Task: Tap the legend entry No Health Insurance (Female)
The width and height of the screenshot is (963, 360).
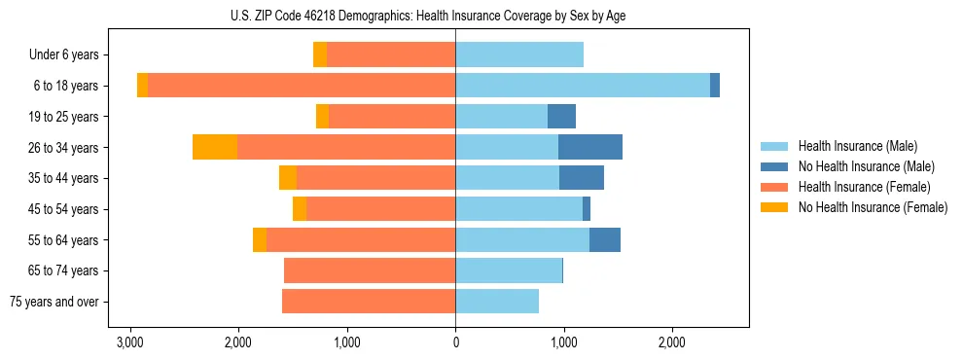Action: point(873,207)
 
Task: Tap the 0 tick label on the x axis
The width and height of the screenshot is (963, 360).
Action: point(455,342)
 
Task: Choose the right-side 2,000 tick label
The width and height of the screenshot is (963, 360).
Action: point(672,342)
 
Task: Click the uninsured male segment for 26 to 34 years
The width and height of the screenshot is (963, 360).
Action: point(590,148)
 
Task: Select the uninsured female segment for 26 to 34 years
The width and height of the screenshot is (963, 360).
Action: point(215,148)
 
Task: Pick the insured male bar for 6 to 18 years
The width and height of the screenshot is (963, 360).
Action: point(583,86)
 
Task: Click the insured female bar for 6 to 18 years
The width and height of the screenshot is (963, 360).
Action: point(302,86)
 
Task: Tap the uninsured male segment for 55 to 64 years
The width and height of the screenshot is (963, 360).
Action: point(605,240)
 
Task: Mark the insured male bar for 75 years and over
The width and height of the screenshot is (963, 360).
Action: point(497,302)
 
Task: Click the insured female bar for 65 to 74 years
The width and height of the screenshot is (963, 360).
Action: point(370,270)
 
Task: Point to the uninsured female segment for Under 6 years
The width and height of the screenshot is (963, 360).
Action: point(320,55)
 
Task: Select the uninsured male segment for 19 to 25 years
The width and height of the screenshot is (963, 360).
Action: point(561,117)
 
